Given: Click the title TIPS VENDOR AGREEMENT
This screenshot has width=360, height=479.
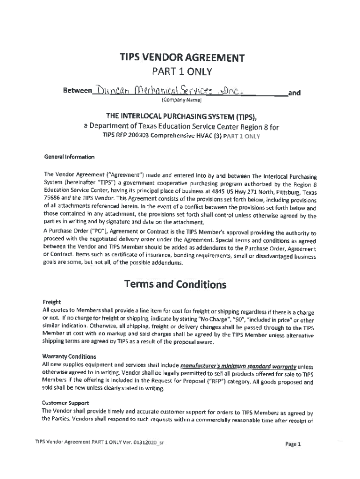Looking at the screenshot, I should [x=182, y=58].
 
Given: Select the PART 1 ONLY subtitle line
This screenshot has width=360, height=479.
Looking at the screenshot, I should [x=182, y=72].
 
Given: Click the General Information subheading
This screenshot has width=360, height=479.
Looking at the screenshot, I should [x=69, y=157].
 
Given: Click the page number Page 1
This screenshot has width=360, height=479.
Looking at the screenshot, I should [x=294, y=444].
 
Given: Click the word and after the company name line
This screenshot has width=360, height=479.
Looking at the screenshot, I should [x=294, y=93].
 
